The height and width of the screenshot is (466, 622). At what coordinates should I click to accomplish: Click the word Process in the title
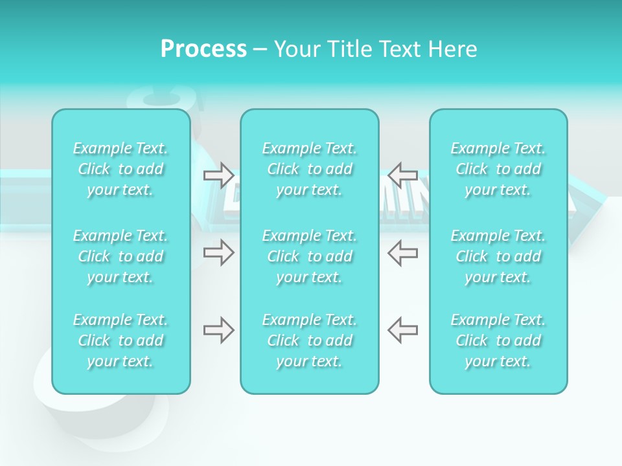click(203, 49)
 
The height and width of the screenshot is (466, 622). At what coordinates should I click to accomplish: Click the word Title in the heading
click(347, 49)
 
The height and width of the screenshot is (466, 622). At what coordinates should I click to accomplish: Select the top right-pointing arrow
click(219, 175)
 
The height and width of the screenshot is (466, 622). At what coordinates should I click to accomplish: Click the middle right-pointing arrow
click(219, 253)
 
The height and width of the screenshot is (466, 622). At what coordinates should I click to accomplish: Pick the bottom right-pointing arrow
click(219, 330)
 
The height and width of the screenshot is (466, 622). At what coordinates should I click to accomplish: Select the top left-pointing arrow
click(403, 175)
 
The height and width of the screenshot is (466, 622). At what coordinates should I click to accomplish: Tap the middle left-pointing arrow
click(403, 253)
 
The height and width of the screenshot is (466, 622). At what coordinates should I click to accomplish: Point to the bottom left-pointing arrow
click(403, 330)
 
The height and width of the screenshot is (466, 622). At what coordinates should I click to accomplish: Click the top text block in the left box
click(121, 169)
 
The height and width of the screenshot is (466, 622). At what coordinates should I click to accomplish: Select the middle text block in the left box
click(121, 256)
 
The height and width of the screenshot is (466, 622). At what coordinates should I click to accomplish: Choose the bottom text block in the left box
click(121, 340)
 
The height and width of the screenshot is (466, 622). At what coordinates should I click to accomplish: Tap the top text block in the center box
click(310, 169)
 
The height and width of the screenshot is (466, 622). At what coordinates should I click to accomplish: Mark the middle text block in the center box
click(310, 256)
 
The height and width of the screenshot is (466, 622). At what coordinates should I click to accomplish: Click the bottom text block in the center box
click(310, 340)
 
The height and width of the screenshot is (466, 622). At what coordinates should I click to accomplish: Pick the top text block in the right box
click(498, 169)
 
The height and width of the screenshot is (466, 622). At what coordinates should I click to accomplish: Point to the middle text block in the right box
click(498, 256)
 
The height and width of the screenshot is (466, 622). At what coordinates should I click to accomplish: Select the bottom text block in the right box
click(498, 340)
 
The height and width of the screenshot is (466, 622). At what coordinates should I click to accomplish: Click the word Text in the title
click(398, 49)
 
